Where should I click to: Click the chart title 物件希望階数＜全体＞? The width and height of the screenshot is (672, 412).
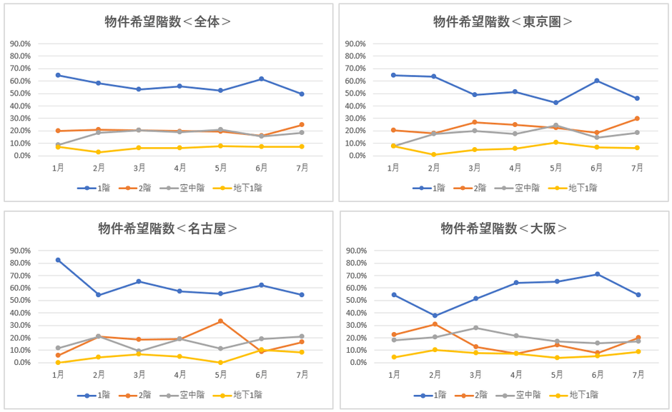coord(168,21)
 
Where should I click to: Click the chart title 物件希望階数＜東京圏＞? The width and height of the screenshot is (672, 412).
coord(503,21)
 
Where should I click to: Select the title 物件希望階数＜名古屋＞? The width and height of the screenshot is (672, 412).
coord(168,228)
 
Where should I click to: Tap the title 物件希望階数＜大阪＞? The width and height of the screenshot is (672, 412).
coord(504,228)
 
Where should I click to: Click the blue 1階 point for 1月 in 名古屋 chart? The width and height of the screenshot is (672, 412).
coord(58,260)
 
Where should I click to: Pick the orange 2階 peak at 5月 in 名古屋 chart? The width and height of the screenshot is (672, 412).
coord(221,321)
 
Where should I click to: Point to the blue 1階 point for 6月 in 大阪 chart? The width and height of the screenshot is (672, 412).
coord(598,274)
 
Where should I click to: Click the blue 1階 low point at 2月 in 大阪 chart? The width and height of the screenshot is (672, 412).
coord(434,316)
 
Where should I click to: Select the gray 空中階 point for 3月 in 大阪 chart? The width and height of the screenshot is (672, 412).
coord(475,328)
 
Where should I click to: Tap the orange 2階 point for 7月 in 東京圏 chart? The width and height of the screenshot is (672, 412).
coord(637,119)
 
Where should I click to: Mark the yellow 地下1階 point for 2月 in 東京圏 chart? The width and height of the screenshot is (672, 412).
coord(434,154)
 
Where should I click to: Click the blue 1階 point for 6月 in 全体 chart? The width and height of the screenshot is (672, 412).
coord(262,79)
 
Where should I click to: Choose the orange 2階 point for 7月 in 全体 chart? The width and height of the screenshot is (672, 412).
coord(302,125)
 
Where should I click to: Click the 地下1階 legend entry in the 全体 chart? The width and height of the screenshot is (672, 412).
coord(242,188)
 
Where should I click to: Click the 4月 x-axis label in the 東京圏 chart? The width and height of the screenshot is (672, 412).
coord(515,169)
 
